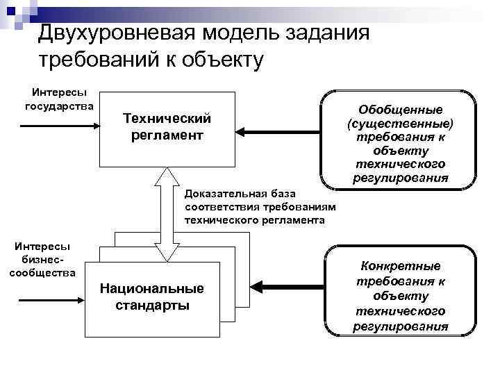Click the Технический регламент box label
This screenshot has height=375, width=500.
click(167, 126)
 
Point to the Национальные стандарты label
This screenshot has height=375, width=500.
click(152, 297)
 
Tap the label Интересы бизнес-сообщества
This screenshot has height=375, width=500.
click(42, 259)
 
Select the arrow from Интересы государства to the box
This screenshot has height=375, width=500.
click(60, 126)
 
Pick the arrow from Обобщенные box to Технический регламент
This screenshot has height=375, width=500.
click(278, 131)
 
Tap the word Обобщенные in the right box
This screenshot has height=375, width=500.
click(400, 111)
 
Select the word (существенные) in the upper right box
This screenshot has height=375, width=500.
click(400, 124)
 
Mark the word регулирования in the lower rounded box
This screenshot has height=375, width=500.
click(400, 326)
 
